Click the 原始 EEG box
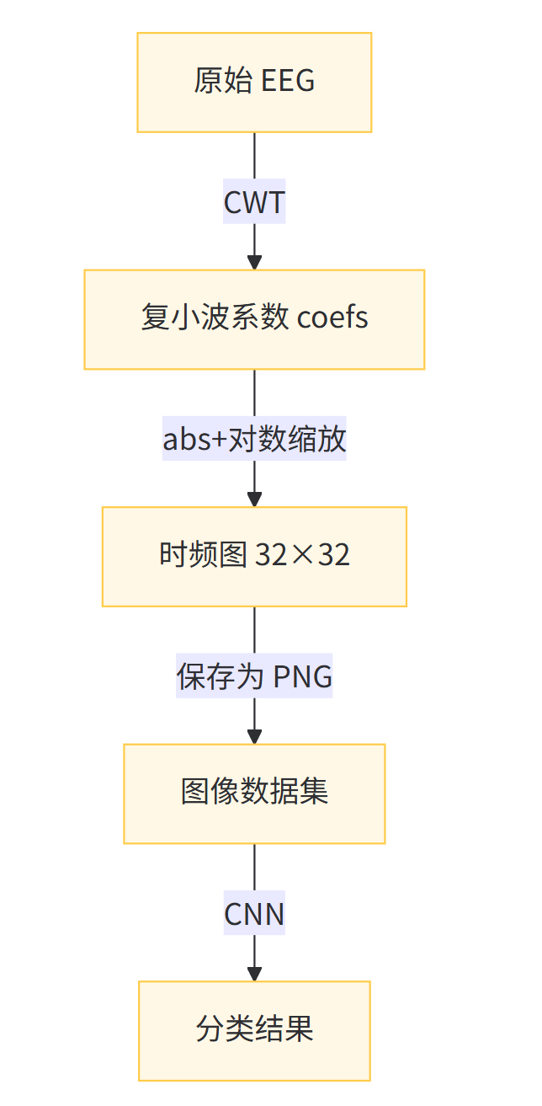(254, 83)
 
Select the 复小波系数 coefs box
(254, 319)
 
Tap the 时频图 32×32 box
(254, 557)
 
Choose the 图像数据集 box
(254, 793)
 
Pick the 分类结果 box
(254, 1030)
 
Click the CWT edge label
(254, 203)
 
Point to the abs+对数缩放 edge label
(254, 440)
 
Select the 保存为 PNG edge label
(254, 676)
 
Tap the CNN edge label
(254, 914)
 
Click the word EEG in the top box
(289, 82)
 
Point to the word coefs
(333, 318)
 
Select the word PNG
(304, 676)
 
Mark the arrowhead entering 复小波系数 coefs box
(254, 263)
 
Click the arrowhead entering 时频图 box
(254, 500)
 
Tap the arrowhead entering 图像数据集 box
(254, 737)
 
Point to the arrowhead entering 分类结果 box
(254, 974)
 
